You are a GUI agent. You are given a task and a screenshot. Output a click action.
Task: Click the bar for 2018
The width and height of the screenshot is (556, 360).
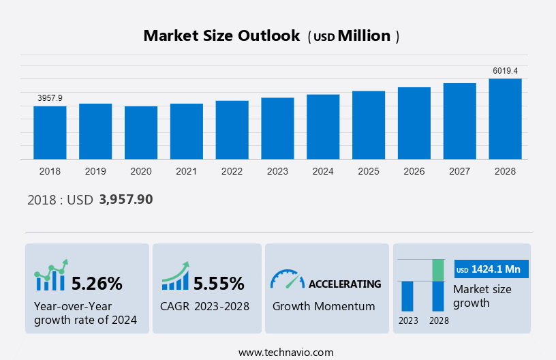click(50, 132)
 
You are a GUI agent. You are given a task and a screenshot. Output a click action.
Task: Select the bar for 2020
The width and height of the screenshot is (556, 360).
click(141, 132)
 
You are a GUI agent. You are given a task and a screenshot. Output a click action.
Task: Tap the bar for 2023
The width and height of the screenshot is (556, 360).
click(277, 128)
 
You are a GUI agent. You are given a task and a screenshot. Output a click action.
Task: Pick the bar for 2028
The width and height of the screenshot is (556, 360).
click(505, 119)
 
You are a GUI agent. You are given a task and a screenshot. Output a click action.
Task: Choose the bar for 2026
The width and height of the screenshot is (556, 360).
click(414, 123)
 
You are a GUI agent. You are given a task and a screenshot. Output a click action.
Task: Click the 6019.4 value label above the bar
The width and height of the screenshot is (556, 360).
click(505, 71)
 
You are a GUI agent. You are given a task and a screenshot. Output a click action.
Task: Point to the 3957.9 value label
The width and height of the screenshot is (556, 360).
click(50, 98)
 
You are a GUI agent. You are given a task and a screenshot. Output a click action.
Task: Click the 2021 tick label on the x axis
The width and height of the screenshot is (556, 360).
click(186, 171)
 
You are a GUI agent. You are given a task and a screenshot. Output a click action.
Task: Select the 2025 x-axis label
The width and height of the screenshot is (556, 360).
click(369, 171)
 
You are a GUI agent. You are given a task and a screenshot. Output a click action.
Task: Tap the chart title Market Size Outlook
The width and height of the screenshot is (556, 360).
click(221, 36)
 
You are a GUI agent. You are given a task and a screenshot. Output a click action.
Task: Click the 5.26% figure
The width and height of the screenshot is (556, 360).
click(97, 283)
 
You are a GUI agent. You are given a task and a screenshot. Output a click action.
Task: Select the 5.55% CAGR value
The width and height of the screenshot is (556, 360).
click(219, 283)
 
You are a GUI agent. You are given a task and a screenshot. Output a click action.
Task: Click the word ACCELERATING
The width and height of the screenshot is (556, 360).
click(345, 284)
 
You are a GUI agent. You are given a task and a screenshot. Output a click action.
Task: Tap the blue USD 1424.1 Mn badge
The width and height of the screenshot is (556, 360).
click(491, 269)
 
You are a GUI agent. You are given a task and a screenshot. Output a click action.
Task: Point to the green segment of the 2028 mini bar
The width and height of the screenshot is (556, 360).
click(438, 270)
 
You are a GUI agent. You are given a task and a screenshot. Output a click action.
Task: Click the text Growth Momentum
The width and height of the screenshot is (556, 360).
click(324, 306)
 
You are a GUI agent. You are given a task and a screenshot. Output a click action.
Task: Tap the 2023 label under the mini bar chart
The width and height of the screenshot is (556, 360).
click(408, 320)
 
